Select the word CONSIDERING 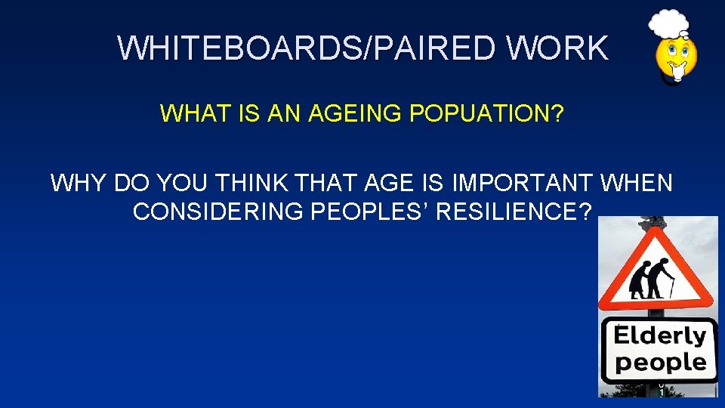220,212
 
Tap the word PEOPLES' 371,212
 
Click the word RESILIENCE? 514,212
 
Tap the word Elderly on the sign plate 659,335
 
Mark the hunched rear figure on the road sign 640,281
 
